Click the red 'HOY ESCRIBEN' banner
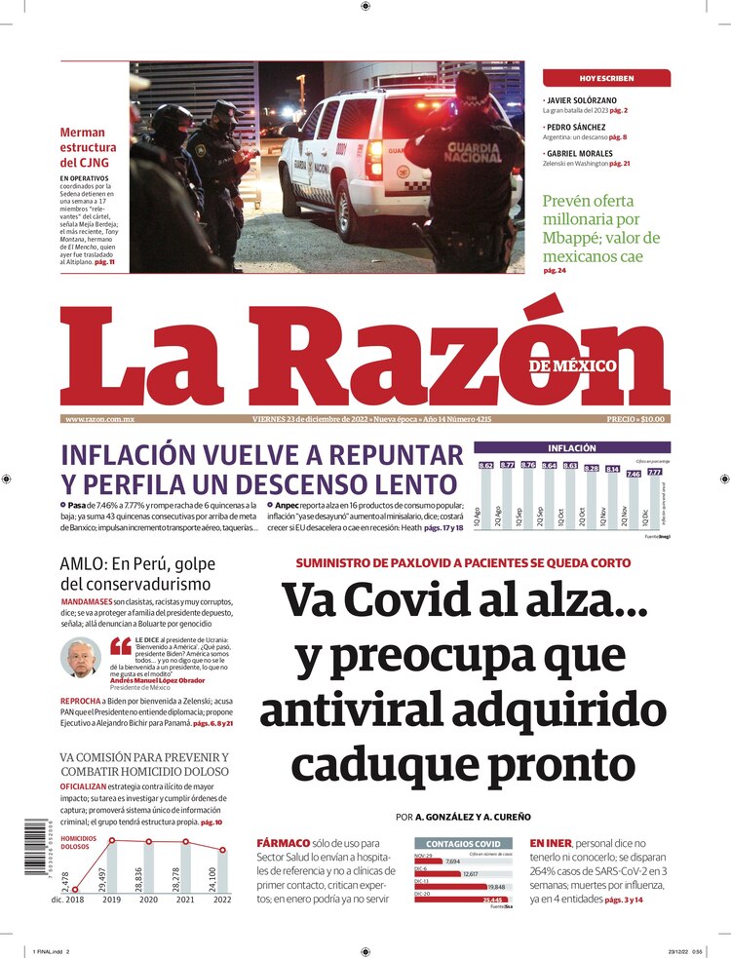[606, 78]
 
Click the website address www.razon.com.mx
[99, 419]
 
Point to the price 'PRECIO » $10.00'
[637, 419]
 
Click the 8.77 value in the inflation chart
[507, 466]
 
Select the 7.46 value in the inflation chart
[633, 474]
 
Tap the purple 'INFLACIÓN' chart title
[571, 448]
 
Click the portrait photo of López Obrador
[81, 658]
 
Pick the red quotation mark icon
[121, 646]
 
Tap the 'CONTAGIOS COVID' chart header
[464, 843]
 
